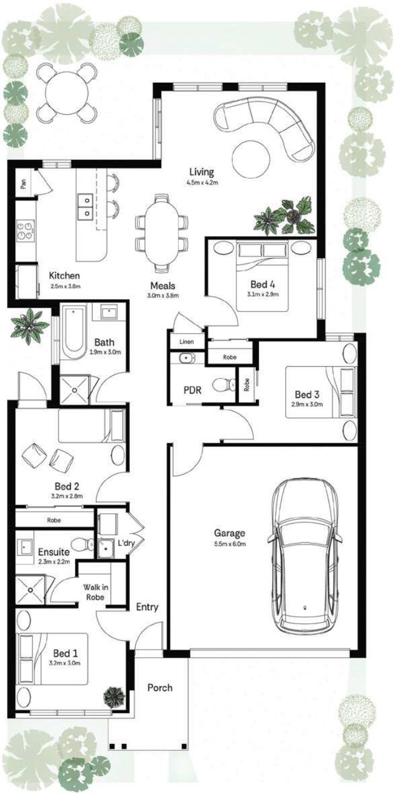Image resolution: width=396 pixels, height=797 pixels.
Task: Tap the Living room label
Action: pos(201,172)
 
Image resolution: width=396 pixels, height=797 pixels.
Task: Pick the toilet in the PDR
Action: pos(224,384)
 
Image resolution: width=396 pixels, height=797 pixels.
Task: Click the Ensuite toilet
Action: pos(82,544)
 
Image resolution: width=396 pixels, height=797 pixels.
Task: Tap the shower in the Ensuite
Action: pos(30,590)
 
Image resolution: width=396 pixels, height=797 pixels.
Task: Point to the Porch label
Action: pos(160,687)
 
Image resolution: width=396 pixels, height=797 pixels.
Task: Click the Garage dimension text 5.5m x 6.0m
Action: pos(229,543)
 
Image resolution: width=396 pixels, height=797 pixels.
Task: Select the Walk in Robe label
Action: pos(96,592)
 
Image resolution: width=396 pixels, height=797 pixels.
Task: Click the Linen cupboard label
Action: pos(186,342)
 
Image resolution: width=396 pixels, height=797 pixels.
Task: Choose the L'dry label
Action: pos(126,543)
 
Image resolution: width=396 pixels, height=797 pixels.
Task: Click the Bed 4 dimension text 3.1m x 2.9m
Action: pos(263,294)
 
